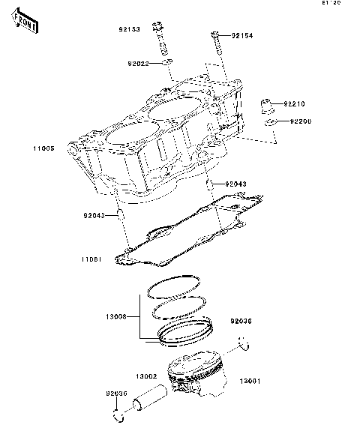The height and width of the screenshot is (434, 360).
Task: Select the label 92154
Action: tap(243, 35)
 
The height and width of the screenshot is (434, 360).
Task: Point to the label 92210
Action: tap(294, 104)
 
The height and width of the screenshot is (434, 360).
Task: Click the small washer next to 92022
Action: tap(168, 63)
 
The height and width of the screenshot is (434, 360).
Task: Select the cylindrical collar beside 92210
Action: tap(266, 102)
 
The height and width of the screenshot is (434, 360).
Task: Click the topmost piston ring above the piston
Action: tap(174, 286)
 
